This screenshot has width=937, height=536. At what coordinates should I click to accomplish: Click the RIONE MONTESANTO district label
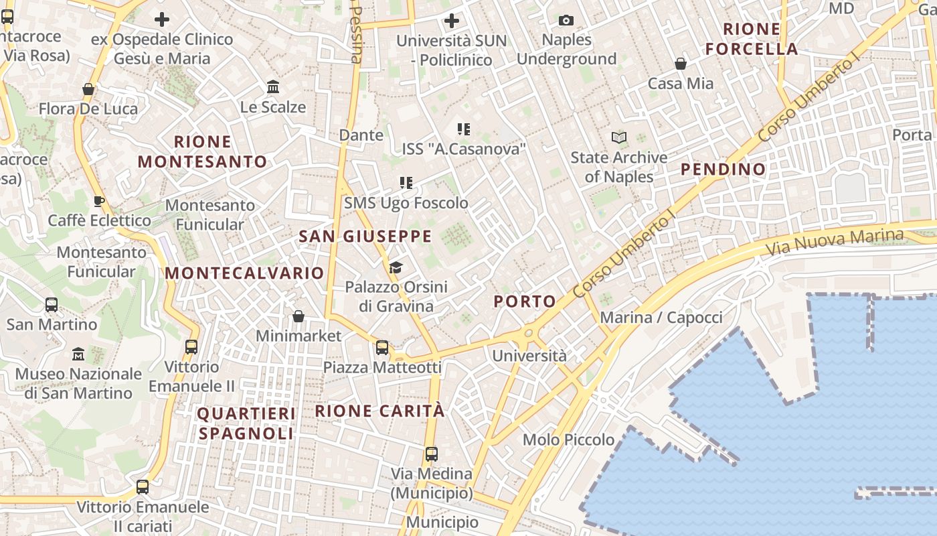tap(202, 151)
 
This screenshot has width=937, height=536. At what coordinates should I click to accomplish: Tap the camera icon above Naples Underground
tap(566, 20)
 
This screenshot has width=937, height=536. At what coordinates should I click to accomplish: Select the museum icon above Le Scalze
tap(273, 87)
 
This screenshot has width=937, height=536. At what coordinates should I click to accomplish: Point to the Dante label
tap(361, 135)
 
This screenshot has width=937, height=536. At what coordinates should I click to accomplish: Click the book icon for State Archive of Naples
tap(619, 138)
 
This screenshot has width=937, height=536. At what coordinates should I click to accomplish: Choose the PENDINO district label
tap(723, 169)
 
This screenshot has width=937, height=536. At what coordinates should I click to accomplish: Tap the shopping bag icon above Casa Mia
tap(681, 64)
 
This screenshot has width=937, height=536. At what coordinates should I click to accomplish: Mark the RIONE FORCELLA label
tap(752, 39)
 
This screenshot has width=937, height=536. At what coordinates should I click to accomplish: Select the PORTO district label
tap(525, 301)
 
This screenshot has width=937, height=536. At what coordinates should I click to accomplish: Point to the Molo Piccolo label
tap(568, 440)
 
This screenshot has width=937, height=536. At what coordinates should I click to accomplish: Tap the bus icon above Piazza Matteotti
tap(382, 348)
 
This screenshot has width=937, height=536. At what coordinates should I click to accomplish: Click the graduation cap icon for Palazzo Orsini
tap(396, 268)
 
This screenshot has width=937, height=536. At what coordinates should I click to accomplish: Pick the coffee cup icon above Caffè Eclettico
tap(99, 201)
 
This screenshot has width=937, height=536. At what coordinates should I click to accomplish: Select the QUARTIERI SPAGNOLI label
tap(246, 423)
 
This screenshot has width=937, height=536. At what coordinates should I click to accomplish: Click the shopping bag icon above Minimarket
tap(299, 316)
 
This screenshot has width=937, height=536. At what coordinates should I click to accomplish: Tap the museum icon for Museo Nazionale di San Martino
tap(78, 354)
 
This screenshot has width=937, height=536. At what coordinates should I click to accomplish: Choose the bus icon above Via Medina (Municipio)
tap(432, 454)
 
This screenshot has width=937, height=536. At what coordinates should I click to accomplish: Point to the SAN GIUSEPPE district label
tap(365, 237)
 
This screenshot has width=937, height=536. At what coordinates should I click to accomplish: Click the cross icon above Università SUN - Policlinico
tap(452, 21)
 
